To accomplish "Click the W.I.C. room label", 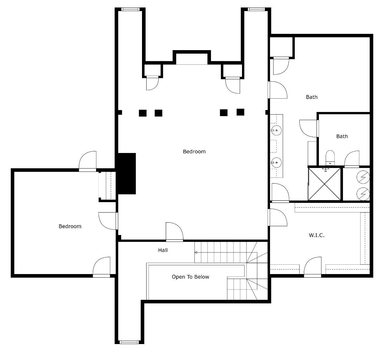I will tap(316, 235).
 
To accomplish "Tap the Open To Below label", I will tap(190, 277).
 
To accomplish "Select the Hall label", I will tap(163, 250).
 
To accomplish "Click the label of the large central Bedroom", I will tap(194, 151).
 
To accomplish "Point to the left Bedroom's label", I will tap(70, 226).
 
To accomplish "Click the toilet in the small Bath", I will tap(330, 158).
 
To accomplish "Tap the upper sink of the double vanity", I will tap(276, 131).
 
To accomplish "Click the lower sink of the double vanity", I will tap(276, 161).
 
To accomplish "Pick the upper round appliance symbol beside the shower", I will tap(363, 177).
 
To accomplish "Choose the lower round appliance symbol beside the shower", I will tap(363, 194).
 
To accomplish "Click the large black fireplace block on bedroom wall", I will tap(127, 173).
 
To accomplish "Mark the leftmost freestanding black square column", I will tap(143, 113).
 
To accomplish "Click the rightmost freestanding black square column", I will tap(240, 112).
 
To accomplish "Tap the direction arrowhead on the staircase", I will tap(196, 252).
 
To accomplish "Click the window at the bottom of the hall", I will tap(129, 342).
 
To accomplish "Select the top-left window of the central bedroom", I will tap(131, 9).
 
